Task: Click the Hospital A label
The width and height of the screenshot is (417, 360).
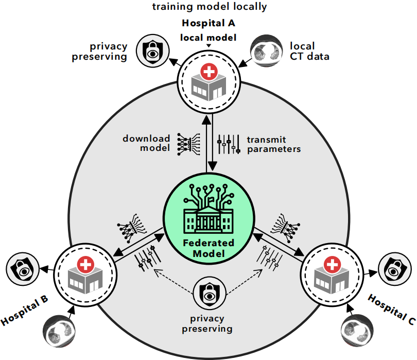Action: [x=208, y=24]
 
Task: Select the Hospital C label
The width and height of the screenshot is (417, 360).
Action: [x=392, y=310]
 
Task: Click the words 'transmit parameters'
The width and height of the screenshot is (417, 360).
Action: [x=273, y=144]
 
